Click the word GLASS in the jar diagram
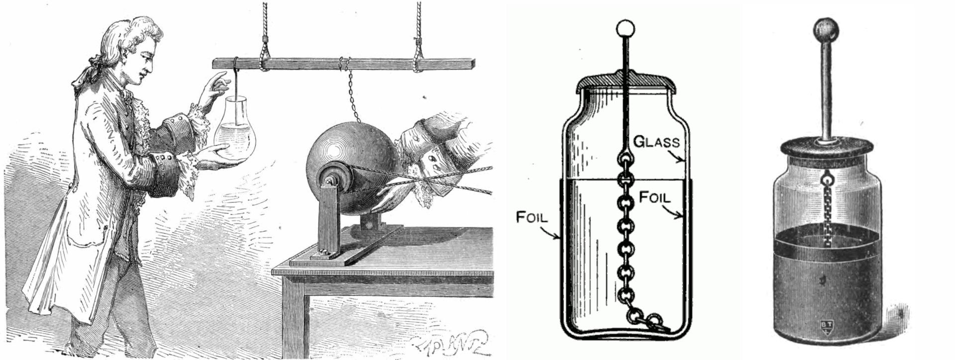point(656,142)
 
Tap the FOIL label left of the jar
point(532,217)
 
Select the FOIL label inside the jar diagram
point(655,197)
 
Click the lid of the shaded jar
point(826,147)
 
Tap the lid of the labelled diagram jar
point(624,83)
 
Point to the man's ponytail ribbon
point(87,75)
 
